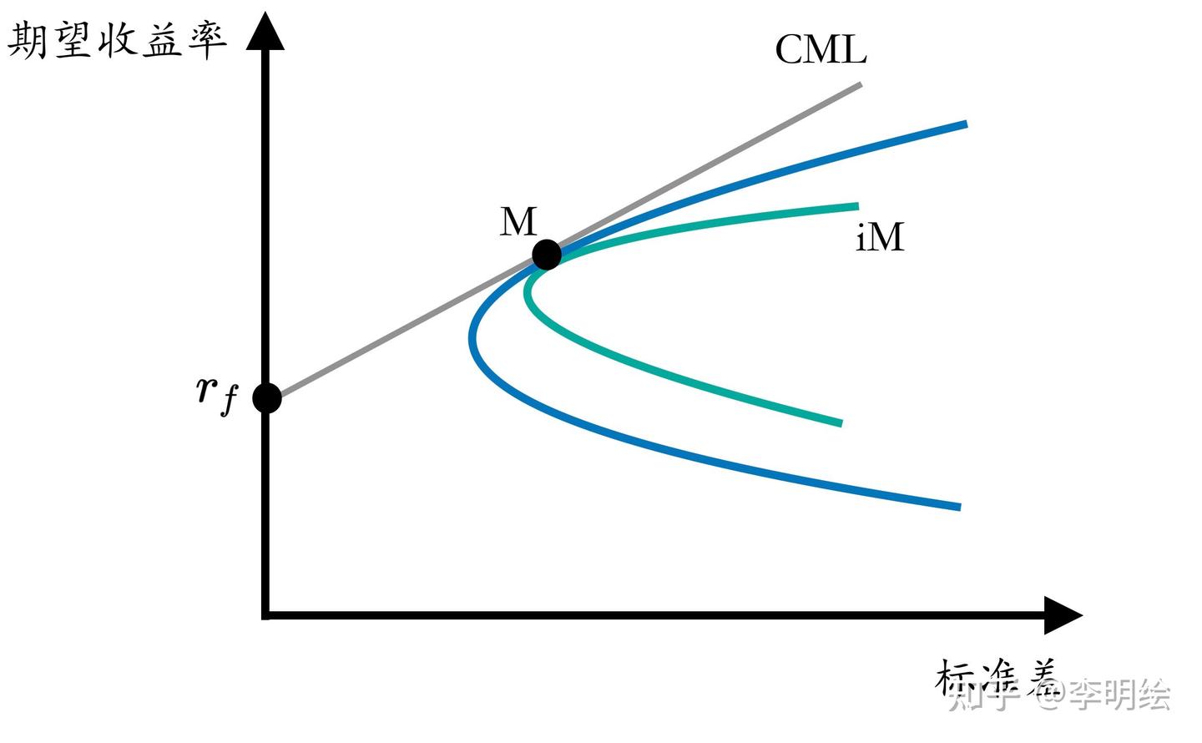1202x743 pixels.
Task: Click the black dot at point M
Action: click(547, 254)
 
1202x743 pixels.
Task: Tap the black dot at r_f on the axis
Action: click(267, 398)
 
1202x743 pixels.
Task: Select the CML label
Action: click(821, 49)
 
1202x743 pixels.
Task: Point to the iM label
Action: click(880, 237)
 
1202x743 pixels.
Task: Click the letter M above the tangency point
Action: click(518, 222)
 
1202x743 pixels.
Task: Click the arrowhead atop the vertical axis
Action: click(265, 32)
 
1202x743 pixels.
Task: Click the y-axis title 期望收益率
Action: click(117, 39)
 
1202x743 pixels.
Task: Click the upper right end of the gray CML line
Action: click(859, 84)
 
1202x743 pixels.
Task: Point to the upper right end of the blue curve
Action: click(965, 124)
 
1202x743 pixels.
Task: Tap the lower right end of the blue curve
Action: click(959, 507)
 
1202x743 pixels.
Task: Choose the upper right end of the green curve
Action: click(856, 206)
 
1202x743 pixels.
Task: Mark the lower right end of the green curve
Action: click(841, 423)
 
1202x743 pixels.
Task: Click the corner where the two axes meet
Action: click(265, 615)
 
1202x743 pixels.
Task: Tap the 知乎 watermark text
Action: click(985, 694)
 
